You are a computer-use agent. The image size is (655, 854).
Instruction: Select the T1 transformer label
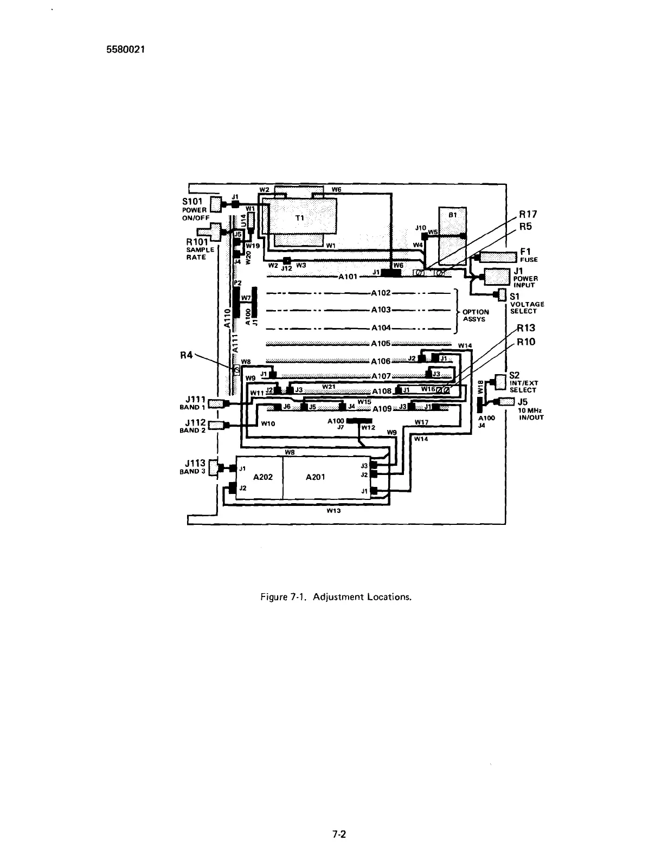tap(299, 217)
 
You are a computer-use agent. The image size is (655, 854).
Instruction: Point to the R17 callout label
tap(528, 214)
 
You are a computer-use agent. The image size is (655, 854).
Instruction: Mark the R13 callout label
tap(525, 328)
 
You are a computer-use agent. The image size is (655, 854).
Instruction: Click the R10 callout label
tap(526, 342)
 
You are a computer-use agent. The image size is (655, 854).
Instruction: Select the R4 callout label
tap(187, 356)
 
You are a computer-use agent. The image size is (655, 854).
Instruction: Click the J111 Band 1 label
tap(194, 399)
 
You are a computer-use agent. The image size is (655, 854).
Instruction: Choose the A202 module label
tap(263, 477)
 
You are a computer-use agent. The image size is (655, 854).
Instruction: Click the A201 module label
tap(315, 477)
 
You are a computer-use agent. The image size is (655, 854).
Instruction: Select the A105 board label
tap(381, 344)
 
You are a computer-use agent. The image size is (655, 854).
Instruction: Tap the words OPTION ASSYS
tap(476, 316)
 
